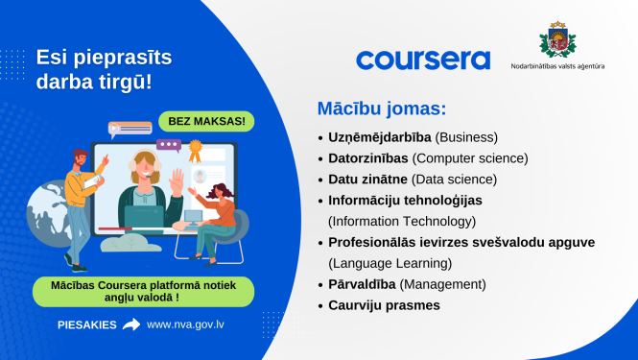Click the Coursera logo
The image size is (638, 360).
(423, 60)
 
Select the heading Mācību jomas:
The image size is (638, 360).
(382, 108)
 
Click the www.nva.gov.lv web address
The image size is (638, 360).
(187, 324)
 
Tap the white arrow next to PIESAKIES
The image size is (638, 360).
(131, 324)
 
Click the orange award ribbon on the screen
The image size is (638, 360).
(197, 150)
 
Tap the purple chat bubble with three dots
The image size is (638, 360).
(169, 145)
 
